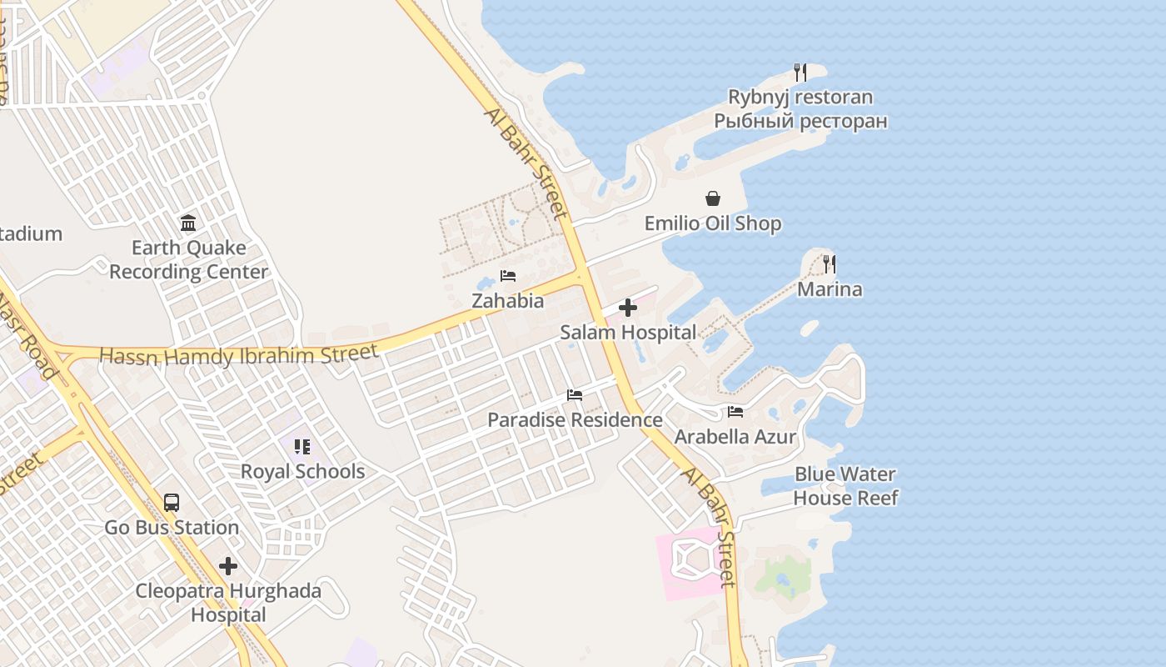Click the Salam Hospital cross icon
click(628, 308)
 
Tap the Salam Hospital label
click(628, 332)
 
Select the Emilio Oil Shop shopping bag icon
click(713, 198)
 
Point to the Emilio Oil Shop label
click(713, 223)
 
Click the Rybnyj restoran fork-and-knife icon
click(800, 73)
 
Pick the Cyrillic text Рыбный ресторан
click(800, 121)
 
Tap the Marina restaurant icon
click(830, 264)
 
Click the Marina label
click(830, 289)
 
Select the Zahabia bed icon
click(508, 276)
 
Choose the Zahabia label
click(508, 301)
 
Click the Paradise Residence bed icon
click(575, 394)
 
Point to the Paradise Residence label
click(575, 419)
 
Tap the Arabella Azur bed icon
click(735, 411)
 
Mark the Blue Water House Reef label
click(845, 486)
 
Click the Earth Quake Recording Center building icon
click(188, 223)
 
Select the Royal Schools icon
click(302, 447)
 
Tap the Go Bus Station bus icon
click(172, 503)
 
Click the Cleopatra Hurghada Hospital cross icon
click(228, 567)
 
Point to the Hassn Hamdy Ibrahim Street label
click(239, 355)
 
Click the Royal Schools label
click(302, 471)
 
